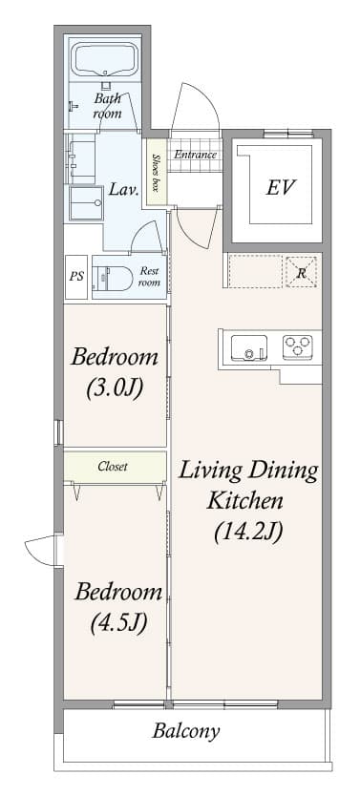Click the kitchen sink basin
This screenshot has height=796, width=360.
point(250,346)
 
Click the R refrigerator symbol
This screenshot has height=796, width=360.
point(302,272)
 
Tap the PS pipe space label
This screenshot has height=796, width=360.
point(75,277)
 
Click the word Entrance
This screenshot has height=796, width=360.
point(195,155)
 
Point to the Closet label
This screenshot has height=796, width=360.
point(113,467)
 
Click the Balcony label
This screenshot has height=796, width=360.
point(186,732)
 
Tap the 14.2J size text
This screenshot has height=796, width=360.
point(248,532)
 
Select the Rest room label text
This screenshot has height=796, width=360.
point(149,276)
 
